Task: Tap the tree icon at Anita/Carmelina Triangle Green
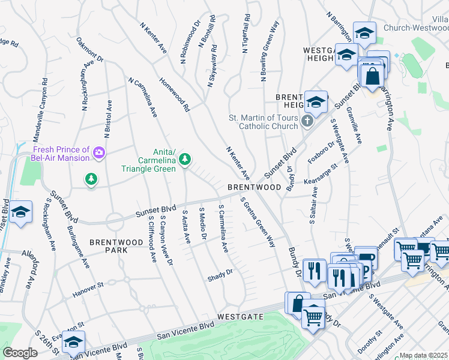[x=185, y=158]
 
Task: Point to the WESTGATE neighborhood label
[x=240, y=316]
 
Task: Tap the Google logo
[x=20, y=353]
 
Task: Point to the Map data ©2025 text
[x=424, y=355]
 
